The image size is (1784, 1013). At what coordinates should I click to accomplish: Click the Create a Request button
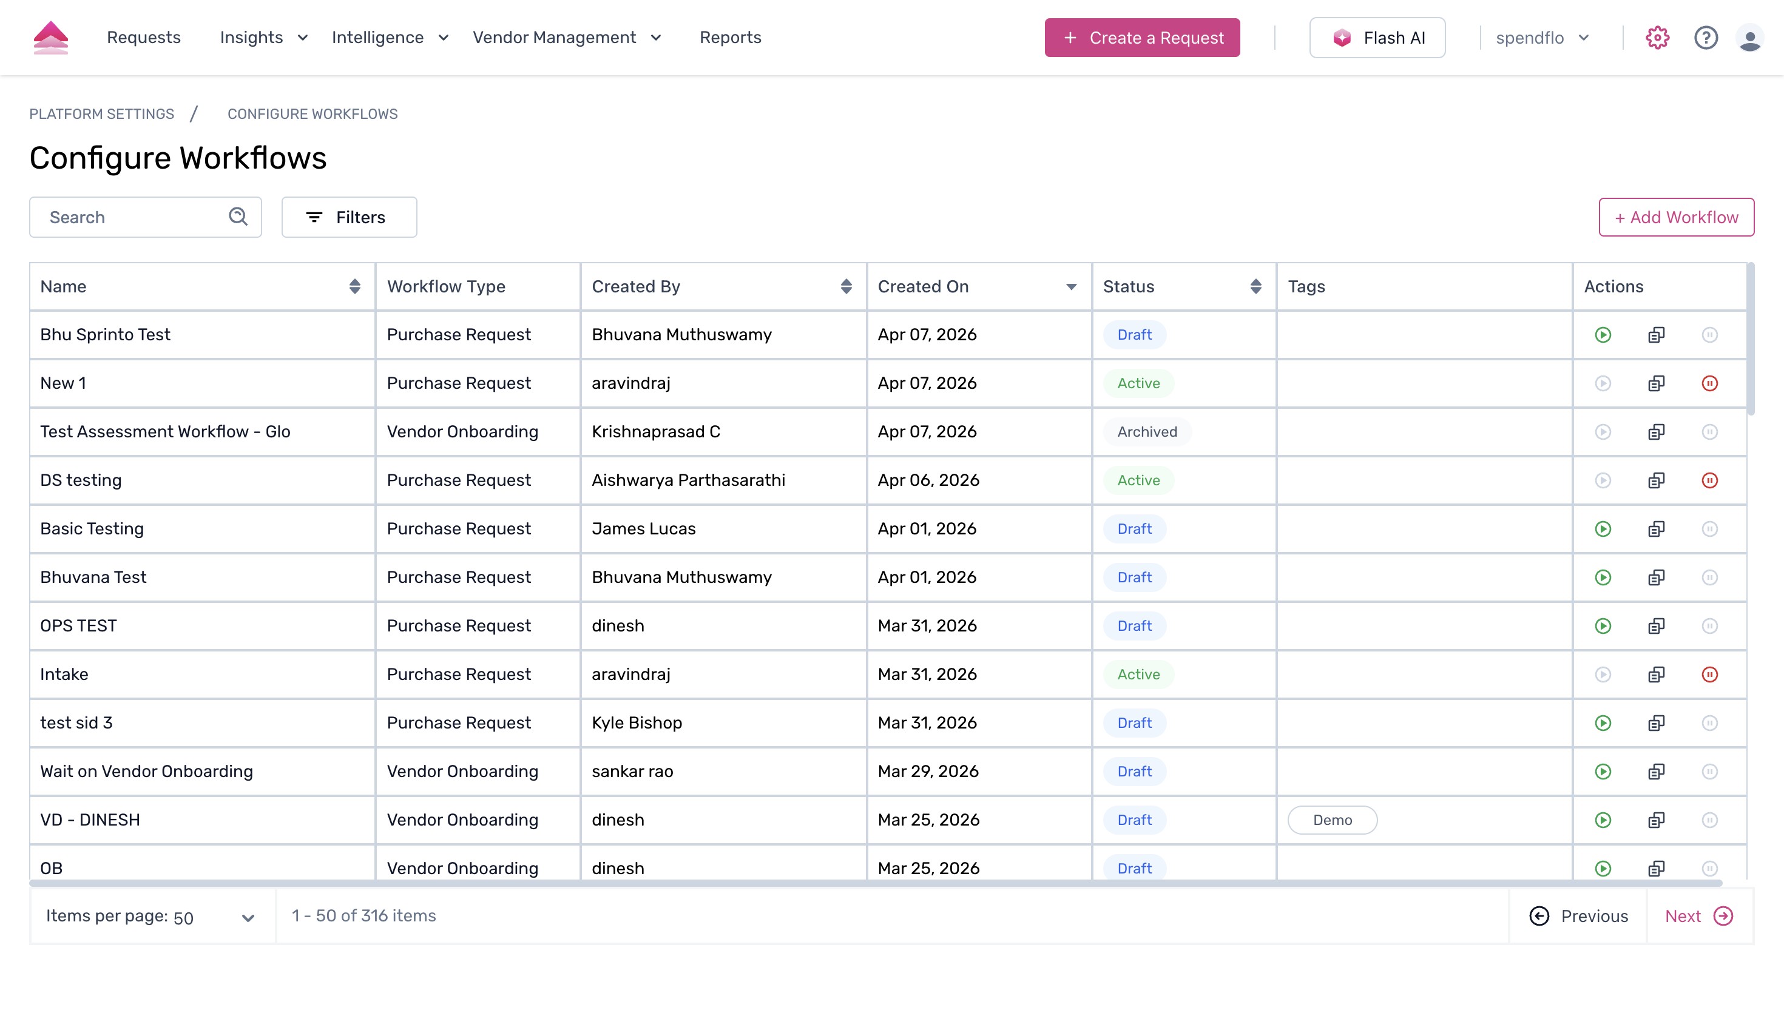click(x=1142, y=38)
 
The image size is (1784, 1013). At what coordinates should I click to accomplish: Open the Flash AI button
click(x=1377, y=38)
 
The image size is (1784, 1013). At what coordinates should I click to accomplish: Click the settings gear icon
click(x=1657, y=38)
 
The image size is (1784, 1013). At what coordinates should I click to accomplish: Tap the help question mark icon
click(x=1705, y=38)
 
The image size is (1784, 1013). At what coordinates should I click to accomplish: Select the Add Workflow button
click(x=1675, y=217)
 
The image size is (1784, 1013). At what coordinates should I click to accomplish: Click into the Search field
click(x=132, y=217)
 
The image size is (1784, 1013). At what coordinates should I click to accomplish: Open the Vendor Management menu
click(x=566, y=38)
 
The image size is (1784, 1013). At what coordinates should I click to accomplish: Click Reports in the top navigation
click(x=730, y=38)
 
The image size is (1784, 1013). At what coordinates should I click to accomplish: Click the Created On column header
click(x=922, y=287)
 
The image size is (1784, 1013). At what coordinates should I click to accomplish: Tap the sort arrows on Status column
click(x=1255, y=287)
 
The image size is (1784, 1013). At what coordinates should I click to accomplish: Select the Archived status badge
click(x=1147, y=432)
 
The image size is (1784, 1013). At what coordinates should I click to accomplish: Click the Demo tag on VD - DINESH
click(x=1332, y=820)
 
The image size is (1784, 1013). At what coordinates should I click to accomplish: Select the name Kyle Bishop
click(x=637, y=723)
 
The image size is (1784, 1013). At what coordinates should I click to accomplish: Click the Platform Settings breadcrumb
click(x=101, y=114)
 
